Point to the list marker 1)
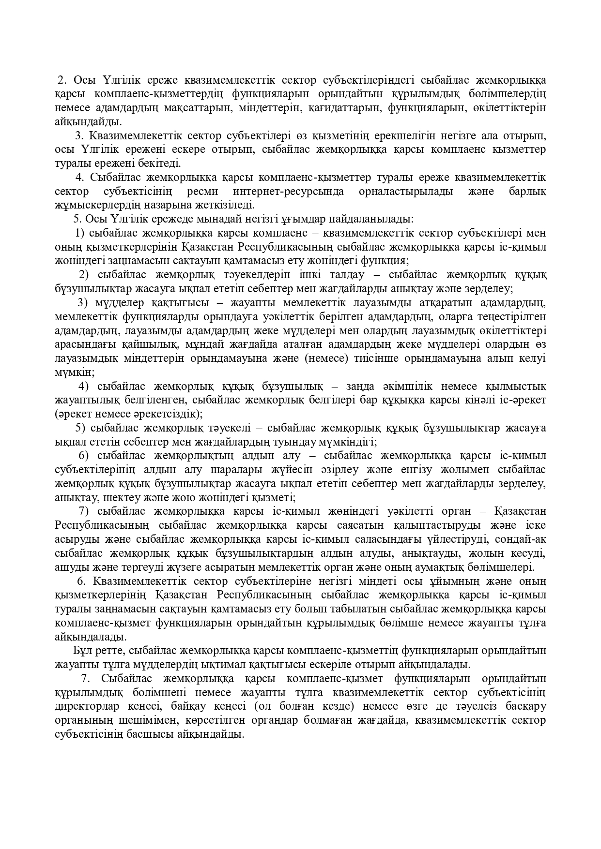point(80,233)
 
